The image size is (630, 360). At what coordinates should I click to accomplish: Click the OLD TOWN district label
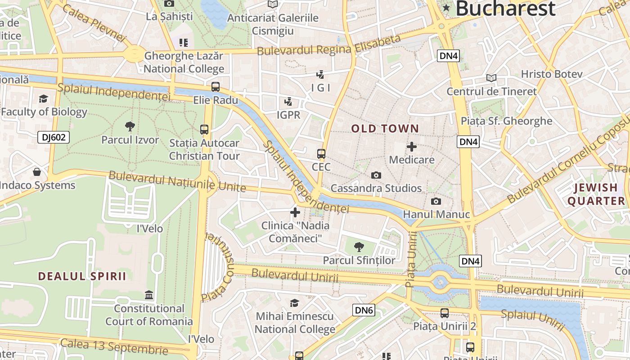[385, 129]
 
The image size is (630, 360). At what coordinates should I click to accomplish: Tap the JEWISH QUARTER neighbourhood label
[596, 194]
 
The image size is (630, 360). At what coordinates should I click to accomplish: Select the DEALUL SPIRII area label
[82, 276]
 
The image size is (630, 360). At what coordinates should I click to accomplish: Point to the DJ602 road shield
[54, 137]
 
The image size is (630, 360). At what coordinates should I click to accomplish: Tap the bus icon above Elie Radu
[216, 87]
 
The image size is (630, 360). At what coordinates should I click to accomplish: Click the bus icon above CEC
[321, 154]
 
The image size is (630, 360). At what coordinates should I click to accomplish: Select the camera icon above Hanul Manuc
[436, 201]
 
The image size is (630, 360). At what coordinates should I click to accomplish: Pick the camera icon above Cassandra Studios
[376, 175]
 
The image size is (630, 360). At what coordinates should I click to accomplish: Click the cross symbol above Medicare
[411, 147]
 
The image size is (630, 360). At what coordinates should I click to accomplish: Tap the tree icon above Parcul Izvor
[130, 126]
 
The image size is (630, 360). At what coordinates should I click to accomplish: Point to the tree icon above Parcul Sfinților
[359, 247]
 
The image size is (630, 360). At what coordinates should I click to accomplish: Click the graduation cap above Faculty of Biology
[43, 99]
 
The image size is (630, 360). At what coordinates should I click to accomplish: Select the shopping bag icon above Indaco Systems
[37, 172]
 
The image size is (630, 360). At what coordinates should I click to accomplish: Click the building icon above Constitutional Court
[149, 295]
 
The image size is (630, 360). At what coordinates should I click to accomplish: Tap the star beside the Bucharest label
[446, 8]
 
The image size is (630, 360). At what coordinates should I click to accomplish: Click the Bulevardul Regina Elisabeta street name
[328, 45]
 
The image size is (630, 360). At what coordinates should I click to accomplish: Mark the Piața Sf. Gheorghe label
[506, 121]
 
